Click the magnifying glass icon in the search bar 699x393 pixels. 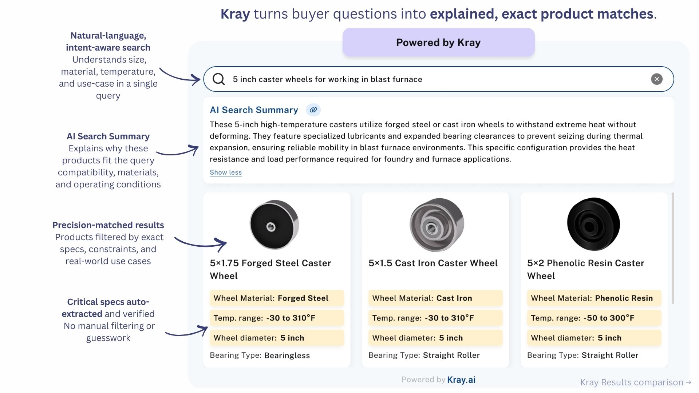click(x=218, y=79)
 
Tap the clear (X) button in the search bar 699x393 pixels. click(x=656, y=79)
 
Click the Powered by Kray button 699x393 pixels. click(x=438, y=43)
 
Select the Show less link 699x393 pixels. click(x=226, y=172)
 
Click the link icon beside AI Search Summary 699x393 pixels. click(x=313, y=110)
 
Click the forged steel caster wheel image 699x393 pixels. click(x=274, y=225)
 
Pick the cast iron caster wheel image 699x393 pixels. click(x=437, y=225)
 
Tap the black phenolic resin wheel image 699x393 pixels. click(x=593, y=224)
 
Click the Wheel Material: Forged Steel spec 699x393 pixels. click(x=277, y=298)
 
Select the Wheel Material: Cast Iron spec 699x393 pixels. click(x=435, y=298)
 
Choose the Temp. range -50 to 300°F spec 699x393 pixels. click(x=594, y=318)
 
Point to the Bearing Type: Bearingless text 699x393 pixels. click(x=260, y=356)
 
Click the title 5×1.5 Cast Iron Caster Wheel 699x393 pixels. click(x=433, y=263)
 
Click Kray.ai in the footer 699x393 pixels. click(x=461, y=380)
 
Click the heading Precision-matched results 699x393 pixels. click(x=108, y=225)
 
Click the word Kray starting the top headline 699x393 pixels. click(x=235, y=14)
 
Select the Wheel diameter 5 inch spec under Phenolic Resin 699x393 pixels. click(x=594, y=338)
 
